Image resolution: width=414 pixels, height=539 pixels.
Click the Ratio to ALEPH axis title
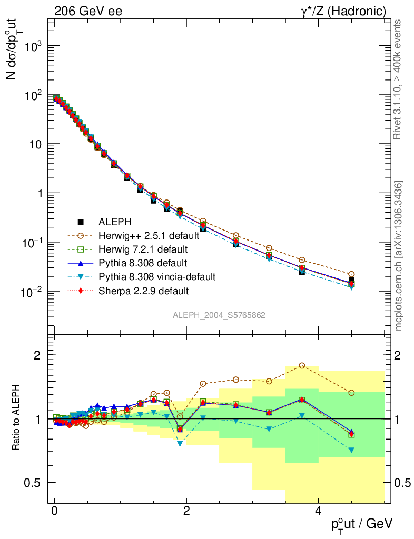pyautogui.click(x=16, y=418)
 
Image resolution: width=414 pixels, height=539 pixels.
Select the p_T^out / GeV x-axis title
pyautogui.click(x=361, y=524)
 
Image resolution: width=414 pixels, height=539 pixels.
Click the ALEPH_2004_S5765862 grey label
pyautogui.click(x=219, y=315)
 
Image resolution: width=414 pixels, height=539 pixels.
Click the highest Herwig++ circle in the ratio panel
pyautogui.click(x=302, y=365)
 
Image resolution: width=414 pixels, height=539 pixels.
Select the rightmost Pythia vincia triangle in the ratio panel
pyautogui.click(x=351, y=450)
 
